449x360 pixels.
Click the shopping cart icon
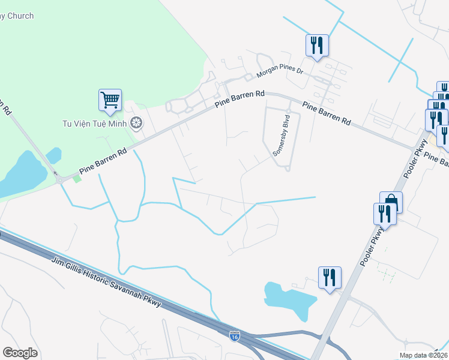(110, 100)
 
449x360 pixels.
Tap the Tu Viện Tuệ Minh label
(96, 124)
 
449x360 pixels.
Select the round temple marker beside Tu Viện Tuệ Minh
(137, 124)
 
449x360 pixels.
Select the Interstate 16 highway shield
(235, 337)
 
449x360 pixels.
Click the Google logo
(20, 352)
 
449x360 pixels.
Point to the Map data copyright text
(423, 355)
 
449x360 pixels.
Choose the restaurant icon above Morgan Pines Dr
(316, 45)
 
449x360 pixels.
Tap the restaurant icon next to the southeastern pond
(330, 277)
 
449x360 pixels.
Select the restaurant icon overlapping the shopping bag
(384, 214)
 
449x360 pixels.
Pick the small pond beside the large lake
(54, 155)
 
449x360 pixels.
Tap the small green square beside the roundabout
(76, 178)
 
